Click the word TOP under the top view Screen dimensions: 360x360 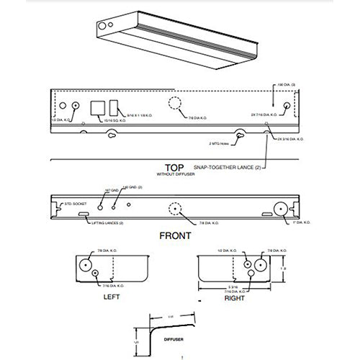tap(175, 165)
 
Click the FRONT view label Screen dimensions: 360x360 tap(175, 235)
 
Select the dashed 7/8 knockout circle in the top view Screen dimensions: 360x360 tap(175, 104)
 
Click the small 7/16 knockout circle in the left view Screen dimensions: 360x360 tap(97, 274)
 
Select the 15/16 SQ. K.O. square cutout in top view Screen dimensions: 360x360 tap(96, 108)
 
